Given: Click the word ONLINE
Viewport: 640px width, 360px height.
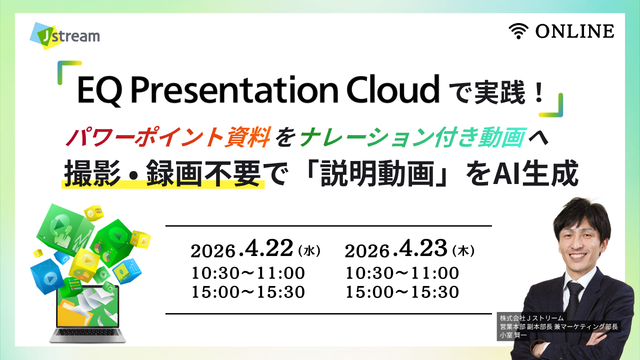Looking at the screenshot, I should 575,32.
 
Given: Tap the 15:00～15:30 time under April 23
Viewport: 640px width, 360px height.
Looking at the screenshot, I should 401,292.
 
